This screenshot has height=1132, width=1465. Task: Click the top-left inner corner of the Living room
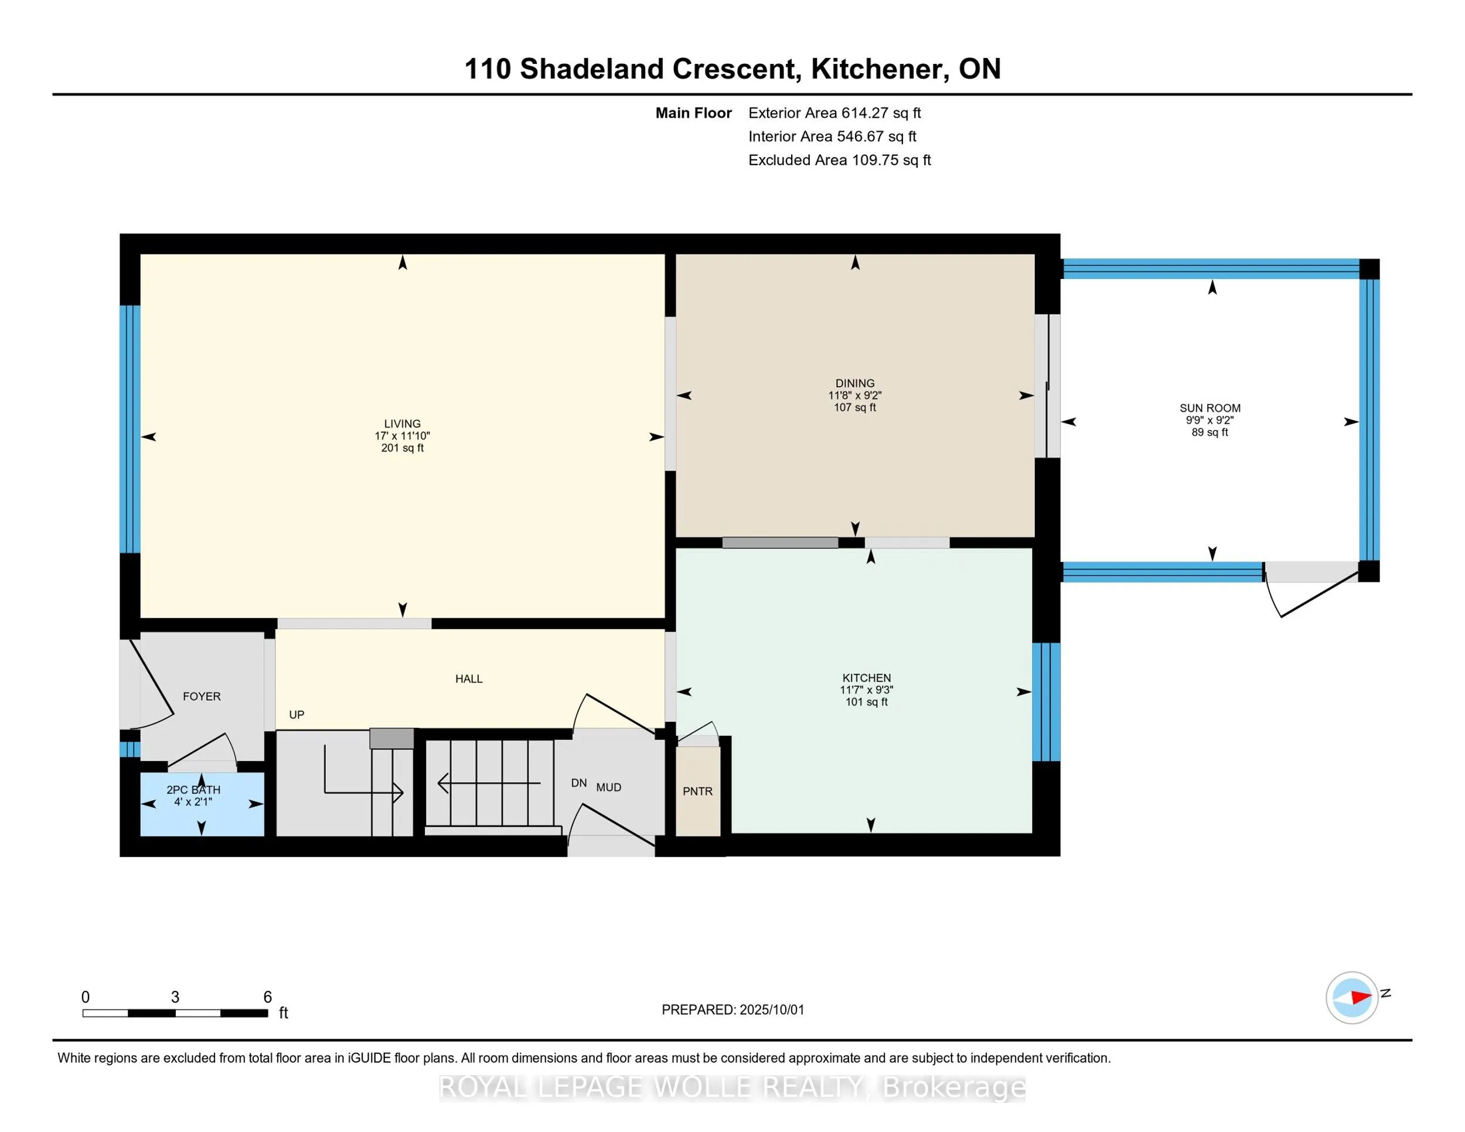click(140, 254)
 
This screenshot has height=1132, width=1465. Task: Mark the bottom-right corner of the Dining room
click(1034, 537)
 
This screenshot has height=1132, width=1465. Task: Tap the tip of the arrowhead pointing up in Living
click(403, 255)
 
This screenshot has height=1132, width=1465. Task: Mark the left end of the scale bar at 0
click(83, 1013)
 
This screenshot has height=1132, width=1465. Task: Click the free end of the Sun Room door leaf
click(1281, 616)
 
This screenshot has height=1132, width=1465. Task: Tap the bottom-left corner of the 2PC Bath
click(140, 836)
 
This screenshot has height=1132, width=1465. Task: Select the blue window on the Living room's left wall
click(130, 429)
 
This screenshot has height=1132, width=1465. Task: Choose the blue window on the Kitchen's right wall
click(1046, 702)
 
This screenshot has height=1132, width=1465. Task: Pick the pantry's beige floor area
click(697, 792)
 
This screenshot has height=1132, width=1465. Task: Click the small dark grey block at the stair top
click(391, 738)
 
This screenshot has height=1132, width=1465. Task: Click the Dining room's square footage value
click(854, 407)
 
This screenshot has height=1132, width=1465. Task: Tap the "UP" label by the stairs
click(297, 715)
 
